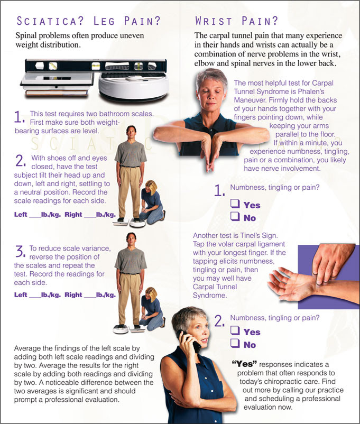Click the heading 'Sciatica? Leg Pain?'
point(89,22)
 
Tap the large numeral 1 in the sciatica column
point(20,117)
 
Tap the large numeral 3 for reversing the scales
point(20,251)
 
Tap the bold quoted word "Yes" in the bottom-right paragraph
point(245,365)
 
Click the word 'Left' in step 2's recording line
point(21,215)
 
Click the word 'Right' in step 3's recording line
point(73,295)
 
